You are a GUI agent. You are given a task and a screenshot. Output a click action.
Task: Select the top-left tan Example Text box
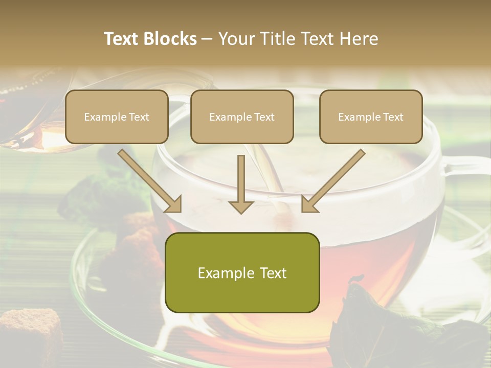coord(117,117)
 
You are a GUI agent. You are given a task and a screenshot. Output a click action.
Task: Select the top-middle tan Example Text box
coord(242,117)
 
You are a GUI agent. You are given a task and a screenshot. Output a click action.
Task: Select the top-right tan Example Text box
coord(371,117)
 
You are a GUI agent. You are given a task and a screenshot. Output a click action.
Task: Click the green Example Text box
coord(242,272)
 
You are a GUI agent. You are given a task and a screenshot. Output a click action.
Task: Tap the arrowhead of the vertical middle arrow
coord(241,206)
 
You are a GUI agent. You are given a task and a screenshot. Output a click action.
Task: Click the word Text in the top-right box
coord(393,117)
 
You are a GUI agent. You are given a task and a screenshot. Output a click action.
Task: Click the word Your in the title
coord(234,39)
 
